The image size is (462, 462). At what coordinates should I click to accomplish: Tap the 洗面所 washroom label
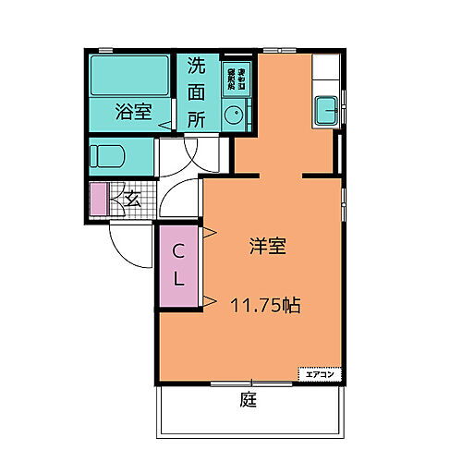click(197, 92)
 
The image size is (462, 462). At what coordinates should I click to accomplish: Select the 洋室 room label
click(267, 247)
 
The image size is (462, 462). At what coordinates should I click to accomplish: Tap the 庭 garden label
click(248, 401)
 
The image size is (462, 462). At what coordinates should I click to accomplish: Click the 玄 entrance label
click(133, 197)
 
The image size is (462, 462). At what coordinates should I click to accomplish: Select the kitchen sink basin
click(326, 110)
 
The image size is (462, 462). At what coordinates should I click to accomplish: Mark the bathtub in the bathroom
click(129, 76)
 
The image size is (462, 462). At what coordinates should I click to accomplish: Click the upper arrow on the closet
click(210, 231)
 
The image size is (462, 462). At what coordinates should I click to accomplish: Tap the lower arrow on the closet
click(210, 298)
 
